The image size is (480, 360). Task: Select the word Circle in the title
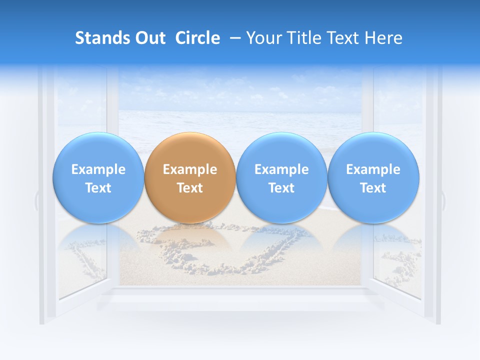(197, 38)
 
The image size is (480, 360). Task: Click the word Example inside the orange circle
(190, 169)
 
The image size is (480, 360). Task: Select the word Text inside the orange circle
(190, 188)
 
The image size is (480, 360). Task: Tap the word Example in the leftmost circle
(98, 169)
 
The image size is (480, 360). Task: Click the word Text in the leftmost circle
(98, 188)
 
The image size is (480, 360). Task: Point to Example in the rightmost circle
(373, 169)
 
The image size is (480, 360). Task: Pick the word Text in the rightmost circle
(373, 188)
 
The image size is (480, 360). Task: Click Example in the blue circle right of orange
(281, 169)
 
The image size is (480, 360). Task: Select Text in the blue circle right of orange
(281, 188)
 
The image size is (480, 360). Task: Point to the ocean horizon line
(240, 111)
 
